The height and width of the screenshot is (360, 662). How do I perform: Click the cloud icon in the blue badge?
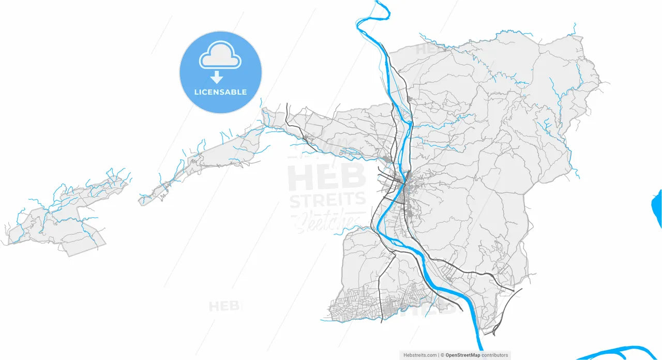[x=220, y=56]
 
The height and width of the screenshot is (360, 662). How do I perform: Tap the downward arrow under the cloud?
[x=217, y=78]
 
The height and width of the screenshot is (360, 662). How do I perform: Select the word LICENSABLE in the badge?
[x=220, y=92]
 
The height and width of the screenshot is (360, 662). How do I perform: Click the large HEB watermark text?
[x=326, y=177]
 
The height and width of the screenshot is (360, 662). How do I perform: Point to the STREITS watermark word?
[x=327, y=200]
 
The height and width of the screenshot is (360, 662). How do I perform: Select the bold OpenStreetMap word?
[x=463, y=355]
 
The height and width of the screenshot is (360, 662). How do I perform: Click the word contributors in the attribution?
[x=495, y=355]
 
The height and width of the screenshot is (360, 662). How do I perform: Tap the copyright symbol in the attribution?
[x=443, y=355]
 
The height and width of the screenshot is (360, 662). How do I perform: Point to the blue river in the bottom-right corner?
[x=621, y=351]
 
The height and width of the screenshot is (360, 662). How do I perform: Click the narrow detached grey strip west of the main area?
[x=207, y=160]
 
